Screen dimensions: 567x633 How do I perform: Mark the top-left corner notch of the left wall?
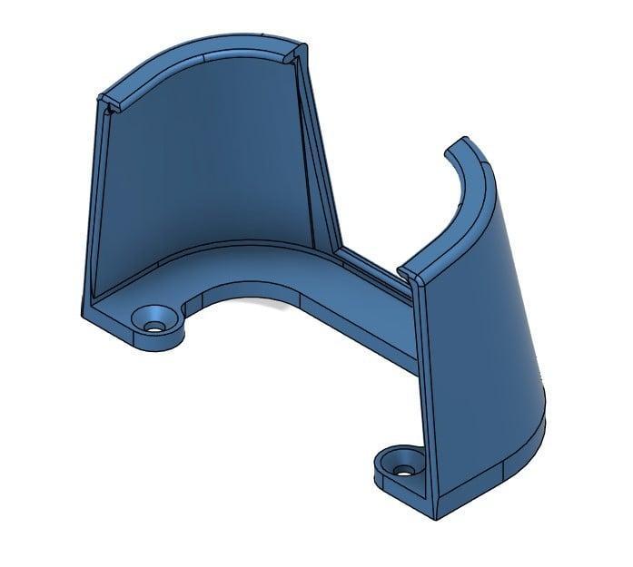coord(106,101)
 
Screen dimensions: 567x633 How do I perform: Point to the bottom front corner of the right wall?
coord(437,508)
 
